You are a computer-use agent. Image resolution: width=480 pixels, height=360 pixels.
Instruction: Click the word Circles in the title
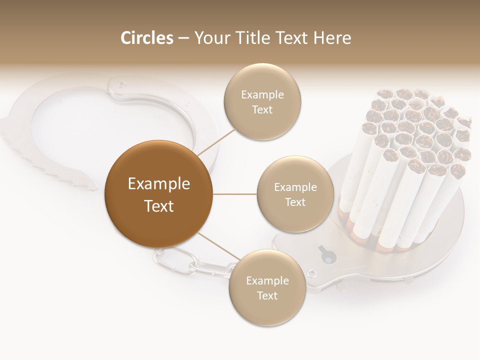tap(146, 38)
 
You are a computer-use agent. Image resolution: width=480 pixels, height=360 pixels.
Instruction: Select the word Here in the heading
tap(332, 38)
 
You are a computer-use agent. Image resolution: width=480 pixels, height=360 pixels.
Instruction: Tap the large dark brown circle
tap(158, 194)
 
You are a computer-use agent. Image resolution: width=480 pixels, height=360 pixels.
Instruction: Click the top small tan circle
tap(262, 101)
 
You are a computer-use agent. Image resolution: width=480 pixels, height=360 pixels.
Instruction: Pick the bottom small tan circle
tap(267, 287)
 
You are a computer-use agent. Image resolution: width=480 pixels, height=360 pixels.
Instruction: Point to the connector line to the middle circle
tap(234, 193)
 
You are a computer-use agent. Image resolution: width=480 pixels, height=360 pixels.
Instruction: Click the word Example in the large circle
tap(158, 184)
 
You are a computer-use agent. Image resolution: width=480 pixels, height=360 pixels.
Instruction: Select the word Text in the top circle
tap(262, 109)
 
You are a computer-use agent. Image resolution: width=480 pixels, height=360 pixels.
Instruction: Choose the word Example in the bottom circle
tap(267, 280)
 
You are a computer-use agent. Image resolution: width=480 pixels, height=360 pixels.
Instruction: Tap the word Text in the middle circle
tap(295, 202)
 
